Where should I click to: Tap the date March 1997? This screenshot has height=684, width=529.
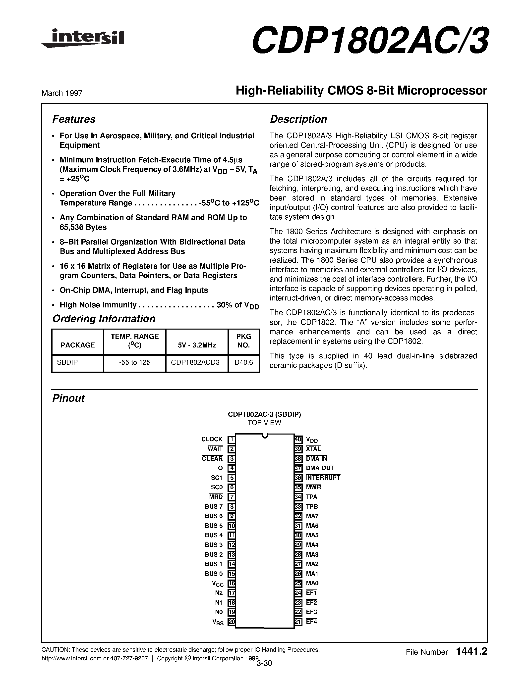pos(62,93)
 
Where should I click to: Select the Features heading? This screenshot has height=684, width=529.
pos(74,119)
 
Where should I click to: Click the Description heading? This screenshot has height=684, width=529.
pos(298,119)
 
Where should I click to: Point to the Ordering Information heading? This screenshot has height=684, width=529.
pos(104,319)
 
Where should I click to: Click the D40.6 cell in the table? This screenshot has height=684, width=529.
pos(243,362)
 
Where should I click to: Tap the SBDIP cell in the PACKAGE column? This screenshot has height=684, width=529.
pos(67,362)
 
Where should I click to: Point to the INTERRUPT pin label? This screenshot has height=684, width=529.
pos(323,478)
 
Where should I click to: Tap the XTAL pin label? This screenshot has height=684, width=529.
pos(313,449)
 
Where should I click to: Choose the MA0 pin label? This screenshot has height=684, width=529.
pos(312,583)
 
